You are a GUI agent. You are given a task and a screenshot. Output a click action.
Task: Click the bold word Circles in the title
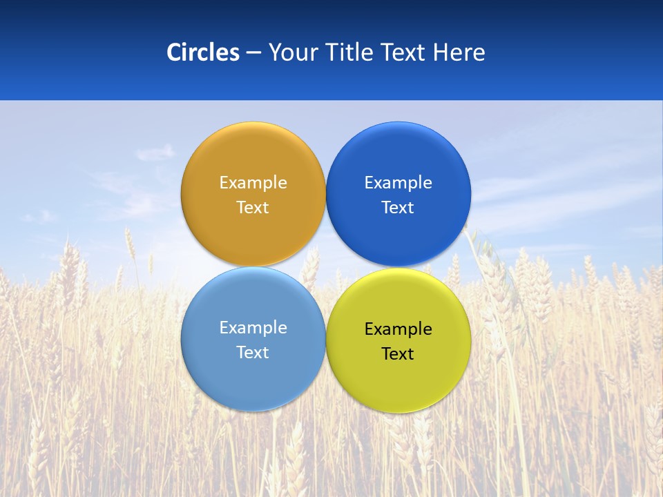tap(202, 52)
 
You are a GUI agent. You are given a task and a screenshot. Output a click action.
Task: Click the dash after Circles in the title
tap(253, 53)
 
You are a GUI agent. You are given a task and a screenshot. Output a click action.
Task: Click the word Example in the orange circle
tap(253, 183)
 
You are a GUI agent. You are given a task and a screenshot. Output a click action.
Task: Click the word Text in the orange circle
tap(253, 208)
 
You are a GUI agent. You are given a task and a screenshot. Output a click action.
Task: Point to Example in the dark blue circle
tap(398, 183)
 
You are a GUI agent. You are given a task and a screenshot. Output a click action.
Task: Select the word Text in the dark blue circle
tap(398, 208)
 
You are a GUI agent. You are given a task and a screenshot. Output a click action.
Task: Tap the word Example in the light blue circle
tap(253, 328)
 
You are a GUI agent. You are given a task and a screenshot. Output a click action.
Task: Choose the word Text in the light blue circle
tap(253, 353)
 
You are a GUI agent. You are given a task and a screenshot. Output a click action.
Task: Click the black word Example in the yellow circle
tap(398, 329)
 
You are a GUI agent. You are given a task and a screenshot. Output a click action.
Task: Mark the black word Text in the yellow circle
tap(398, 354)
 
